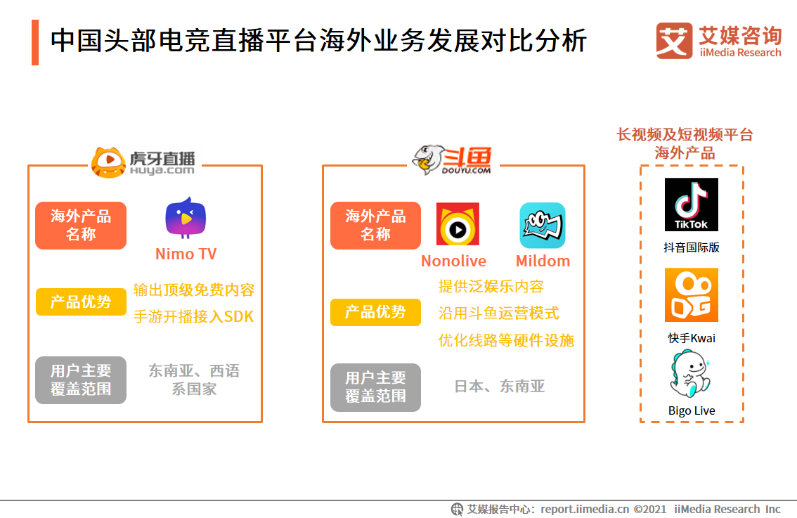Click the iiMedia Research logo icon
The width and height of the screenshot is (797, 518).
(674, 41)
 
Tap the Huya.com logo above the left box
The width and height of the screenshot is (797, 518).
(144, 162)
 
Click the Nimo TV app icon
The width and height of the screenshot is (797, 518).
(186, 218)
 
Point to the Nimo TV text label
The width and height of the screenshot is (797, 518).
(186, 254)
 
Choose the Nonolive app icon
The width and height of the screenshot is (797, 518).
(458, 224)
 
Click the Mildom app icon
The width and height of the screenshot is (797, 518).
(543, 225)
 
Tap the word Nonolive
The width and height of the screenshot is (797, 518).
(453, 261)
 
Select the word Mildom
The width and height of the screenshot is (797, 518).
(543, 261)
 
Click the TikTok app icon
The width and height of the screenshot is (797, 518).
(692, 205)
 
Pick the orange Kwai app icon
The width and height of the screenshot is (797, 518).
(692, 294)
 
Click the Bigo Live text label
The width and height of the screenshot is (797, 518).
(692, 410)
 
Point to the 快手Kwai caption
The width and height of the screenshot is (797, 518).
(692, 338)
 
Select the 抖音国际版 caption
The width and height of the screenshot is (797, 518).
(692, 247)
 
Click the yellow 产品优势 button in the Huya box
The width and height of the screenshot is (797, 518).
(81, 302)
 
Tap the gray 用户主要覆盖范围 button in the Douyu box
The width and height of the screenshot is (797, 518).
(375, 387)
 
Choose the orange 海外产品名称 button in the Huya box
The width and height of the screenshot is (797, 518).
(81, 226)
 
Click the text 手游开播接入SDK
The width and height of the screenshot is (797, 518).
(193, 317)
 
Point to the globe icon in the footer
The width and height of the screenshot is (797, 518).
(457, 509)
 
